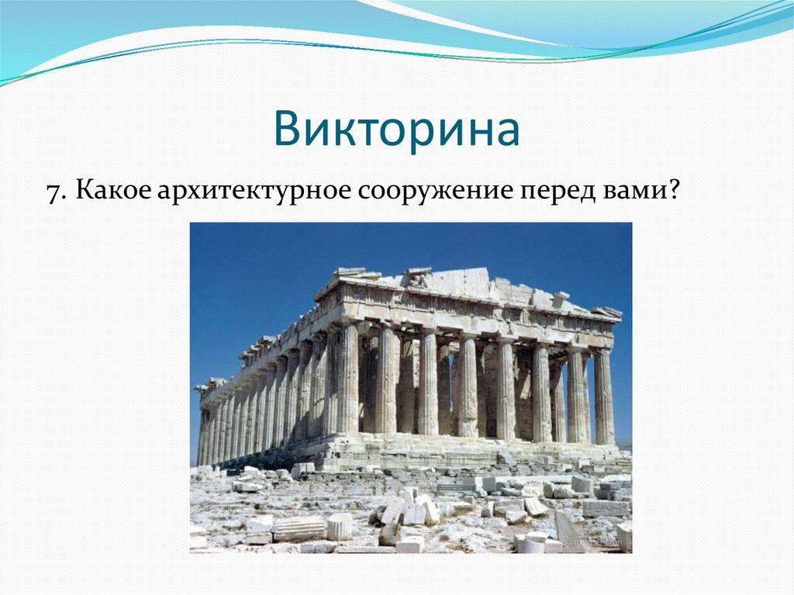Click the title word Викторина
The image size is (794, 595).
click(396, 130)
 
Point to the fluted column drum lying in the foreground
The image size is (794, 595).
click(339, 527)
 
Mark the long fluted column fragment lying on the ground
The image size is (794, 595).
click(299, 528)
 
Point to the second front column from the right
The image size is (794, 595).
click(575, 396)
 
